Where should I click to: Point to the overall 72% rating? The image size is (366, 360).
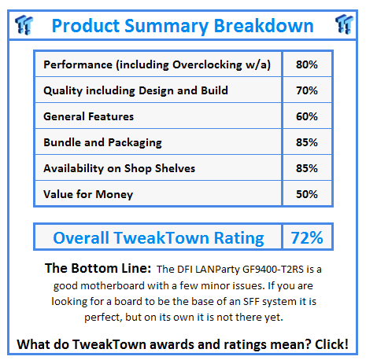(x=304, y=237)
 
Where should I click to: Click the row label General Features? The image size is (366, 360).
(x=89, y=116)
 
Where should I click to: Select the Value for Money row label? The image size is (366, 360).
(x=88, y=194)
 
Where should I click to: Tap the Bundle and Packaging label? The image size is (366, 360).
(x=103, y=142)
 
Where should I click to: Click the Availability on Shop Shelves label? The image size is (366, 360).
(x=120, y=168)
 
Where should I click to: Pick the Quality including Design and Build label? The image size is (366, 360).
(x=135, y=90)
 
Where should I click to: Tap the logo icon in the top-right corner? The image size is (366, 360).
(x=342, y=24)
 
